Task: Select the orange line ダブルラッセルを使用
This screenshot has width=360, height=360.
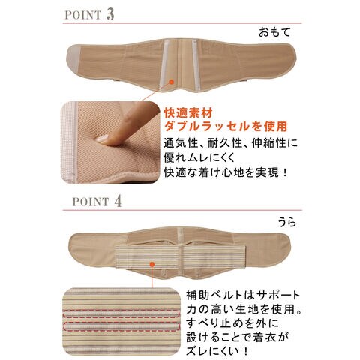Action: tap(225, 126)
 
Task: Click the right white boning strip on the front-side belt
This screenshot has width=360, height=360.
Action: tap(198, 60)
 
